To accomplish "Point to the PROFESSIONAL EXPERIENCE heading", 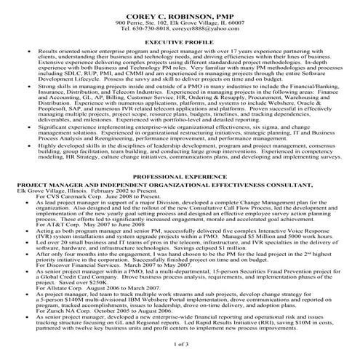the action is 180,177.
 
